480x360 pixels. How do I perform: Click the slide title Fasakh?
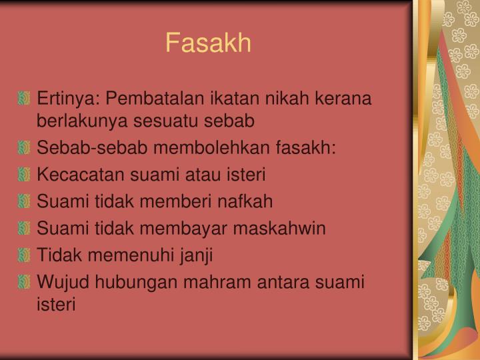pyautogui.click(x=208, y=43)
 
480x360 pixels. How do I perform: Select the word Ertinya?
pyautogui.click(x=65, y=99)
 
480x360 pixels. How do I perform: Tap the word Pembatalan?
pyautogui.click(x=151, y=99)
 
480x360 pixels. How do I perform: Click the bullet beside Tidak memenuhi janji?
pyautogui.click(x=25, y=255)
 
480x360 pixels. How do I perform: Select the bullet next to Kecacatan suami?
pyautogui.click(x=25, y=175)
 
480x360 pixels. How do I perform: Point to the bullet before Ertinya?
pyautogui.click(x=25, y=99)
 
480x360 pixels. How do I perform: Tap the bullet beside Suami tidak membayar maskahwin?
pyautogui.click(x=25, y=228)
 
